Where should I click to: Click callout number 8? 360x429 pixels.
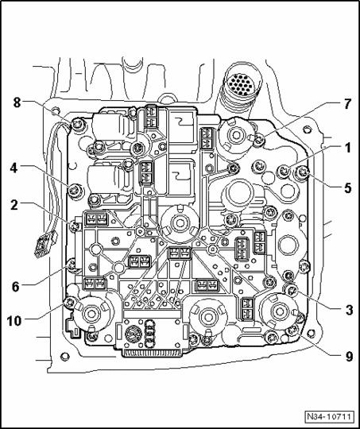tap(17, 102)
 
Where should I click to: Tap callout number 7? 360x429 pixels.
tap(347, 104)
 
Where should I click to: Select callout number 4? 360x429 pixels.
tap(14, 168)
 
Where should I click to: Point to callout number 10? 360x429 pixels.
tap(14, 321)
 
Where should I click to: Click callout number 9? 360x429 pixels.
tap(349, 357)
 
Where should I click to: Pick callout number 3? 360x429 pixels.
tap(349, 310)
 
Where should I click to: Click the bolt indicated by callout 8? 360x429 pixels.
tap(77, 126)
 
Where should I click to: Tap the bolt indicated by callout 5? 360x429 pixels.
tap(303, 173)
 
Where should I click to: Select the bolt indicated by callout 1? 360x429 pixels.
tap(284, 172)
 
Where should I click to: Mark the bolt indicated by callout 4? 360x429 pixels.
tap(75, 191)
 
